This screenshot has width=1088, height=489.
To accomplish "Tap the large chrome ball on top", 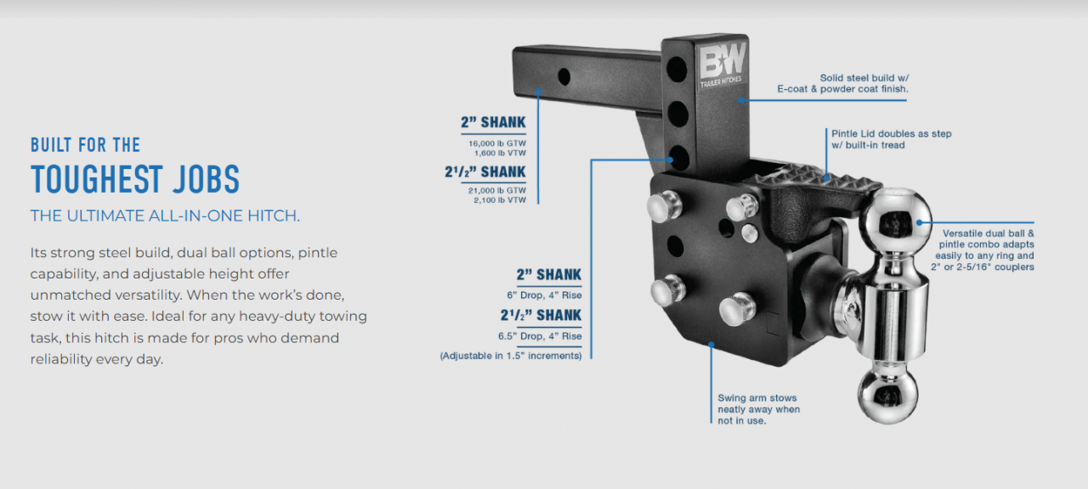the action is pyautogui.click(x=895, y=222).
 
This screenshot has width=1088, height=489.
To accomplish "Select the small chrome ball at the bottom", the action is pyautogui.click(x=888, y=396).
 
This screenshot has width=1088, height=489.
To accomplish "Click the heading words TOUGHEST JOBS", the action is pyautogui.click(x=135, y=179).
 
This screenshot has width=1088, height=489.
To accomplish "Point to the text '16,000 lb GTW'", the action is pyautogui.click(x=497, y=143).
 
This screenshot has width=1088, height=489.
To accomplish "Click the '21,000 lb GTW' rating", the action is pyautogui.click(x=497, y=191).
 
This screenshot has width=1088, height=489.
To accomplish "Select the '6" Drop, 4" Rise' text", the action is pyautogui.click(x=544, y=295).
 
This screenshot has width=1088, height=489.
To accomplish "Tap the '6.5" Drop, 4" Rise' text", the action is pyautogui.click(x=540, y=335).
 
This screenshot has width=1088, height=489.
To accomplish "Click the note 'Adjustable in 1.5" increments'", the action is pyautogui.click(x=511, y=356).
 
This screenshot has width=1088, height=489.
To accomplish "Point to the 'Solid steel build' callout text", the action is pyautogui.click(x=842, y=83).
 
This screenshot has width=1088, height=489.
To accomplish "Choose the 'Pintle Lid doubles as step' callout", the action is pyautogui.click(x=892, y=139).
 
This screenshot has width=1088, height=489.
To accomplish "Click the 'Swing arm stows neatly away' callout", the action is pyautogui.click(x=759, y=409).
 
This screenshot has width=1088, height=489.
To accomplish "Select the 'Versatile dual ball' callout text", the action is pyautogui.click(x=983, y=250).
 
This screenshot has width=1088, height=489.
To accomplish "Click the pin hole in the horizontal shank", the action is pyautogui.click(x=564, y=76).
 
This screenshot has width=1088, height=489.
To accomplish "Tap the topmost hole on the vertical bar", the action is pyautogui.click(x=677, y=69).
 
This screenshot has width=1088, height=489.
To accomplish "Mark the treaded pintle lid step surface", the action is pyautogui.click(x=821, y=181).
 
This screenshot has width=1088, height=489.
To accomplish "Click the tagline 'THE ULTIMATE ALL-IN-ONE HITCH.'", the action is pyautogui.click(x=165, y=216).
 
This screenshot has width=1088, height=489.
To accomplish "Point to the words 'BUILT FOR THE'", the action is pyautogui.click(x=86, y=145).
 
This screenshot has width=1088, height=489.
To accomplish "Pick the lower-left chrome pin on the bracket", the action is pyautogui.click(x=667, y=290).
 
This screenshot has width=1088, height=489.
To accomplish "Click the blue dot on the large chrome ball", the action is pyautogui.click(x=920, y=222).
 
